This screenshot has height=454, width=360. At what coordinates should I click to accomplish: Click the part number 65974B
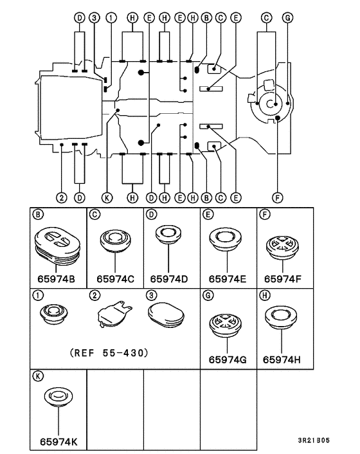[x=56, y=279]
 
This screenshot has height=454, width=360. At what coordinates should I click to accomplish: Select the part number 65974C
[x=115, y=279]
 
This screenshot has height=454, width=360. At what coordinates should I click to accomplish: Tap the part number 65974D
[x=168, y=279]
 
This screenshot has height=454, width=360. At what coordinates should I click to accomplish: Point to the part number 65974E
[x=227, y=279]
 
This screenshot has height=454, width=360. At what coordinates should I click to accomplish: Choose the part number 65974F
[x=282, y=279]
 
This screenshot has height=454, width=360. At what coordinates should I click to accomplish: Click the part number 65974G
[x=228, y=359]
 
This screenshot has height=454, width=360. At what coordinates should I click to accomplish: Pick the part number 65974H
[x=282, y=359]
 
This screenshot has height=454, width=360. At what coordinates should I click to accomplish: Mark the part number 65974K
[x=59, y=442]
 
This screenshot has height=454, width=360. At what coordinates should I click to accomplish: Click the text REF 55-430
[x=109, y=352]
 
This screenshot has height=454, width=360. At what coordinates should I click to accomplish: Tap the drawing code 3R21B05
[x=314, y=440]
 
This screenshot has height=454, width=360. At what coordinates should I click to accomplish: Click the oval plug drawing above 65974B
[x=57, y=245]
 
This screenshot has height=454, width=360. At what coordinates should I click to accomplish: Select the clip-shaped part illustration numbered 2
[x=115, y=314]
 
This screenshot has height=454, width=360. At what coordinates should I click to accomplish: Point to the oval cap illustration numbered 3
[x=166, y=315]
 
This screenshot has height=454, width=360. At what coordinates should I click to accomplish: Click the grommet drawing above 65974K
[x=59, y=397]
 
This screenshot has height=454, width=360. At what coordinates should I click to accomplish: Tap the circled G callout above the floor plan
[x=287, y=18]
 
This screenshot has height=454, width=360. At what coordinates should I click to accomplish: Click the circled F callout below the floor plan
[x=278, y=198]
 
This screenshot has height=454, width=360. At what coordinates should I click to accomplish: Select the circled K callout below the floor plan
[x=107, y=198]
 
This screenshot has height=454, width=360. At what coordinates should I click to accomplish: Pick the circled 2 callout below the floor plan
[x=61, y=198]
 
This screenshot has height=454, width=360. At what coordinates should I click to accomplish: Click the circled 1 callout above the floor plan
[x=111, y=18]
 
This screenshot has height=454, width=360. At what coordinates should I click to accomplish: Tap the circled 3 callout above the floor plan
[x=94, y=18]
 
